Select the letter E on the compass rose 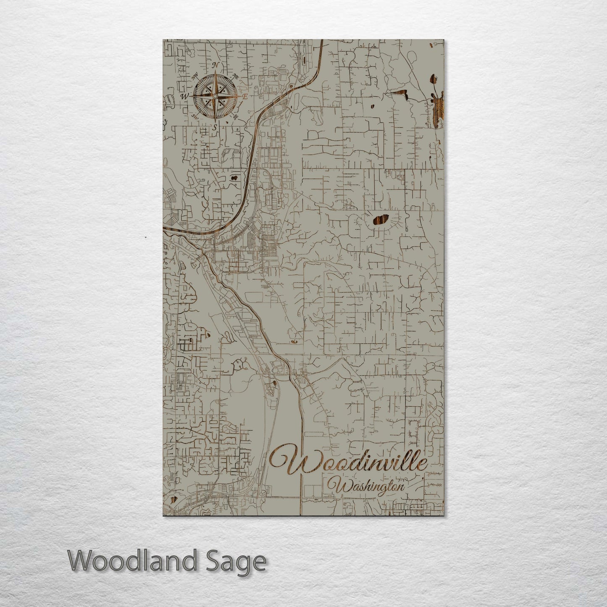244,97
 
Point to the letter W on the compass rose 184,96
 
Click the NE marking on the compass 236,76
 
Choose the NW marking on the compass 195,76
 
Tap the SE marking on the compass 235,116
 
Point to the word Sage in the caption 235,562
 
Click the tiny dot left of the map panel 145,237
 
